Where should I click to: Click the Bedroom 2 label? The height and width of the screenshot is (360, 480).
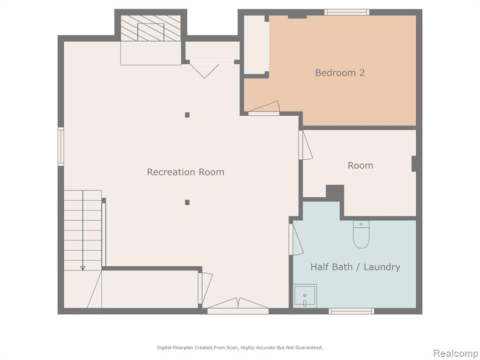click(x=340, y=73)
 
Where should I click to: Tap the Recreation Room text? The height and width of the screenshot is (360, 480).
click(x=186, y=172)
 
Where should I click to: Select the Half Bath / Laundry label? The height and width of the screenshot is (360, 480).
click(x=355, y=267)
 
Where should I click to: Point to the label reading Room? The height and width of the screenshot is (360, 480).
click(x=360, y=165)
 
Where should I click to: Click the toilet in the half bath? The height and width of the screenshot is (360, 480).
click(x=361, y=234)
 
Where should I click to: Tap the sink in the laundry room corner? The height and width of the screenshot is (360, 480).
click(x=305, y=296)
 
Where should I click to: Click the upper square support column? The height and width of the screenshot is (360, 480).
click(x=187, y=115)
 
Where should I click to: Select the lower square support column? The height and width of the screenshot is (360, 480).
click(x=187, y=202)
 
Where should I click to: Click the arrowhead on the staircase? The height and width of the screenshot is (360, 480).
click(x=82, y=268)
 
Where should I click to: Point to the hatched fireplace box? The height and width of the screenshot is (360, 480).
click(x=150, y=28)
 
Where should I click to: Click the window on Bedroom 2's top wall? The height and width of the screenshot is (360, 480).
click(x=347, y=12)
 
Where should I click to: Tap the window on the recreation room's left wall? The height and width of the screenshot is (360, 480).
click(x=61, y=147)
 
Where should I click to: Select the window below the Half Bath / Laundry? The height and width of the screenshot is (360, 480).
click(x=352, y=311)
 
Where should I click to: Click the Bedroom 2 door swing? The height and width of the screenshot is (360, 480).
click(x=263, y=107)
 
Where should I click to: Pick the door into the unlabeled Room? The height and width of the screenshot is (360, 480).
click(x=305, y=145)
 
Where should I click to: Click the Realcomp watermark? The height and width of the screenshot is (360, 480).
click(x=456, y=353)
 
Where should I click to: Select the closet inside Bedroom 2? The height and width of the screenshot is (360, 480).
click(x=256, y=45)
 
